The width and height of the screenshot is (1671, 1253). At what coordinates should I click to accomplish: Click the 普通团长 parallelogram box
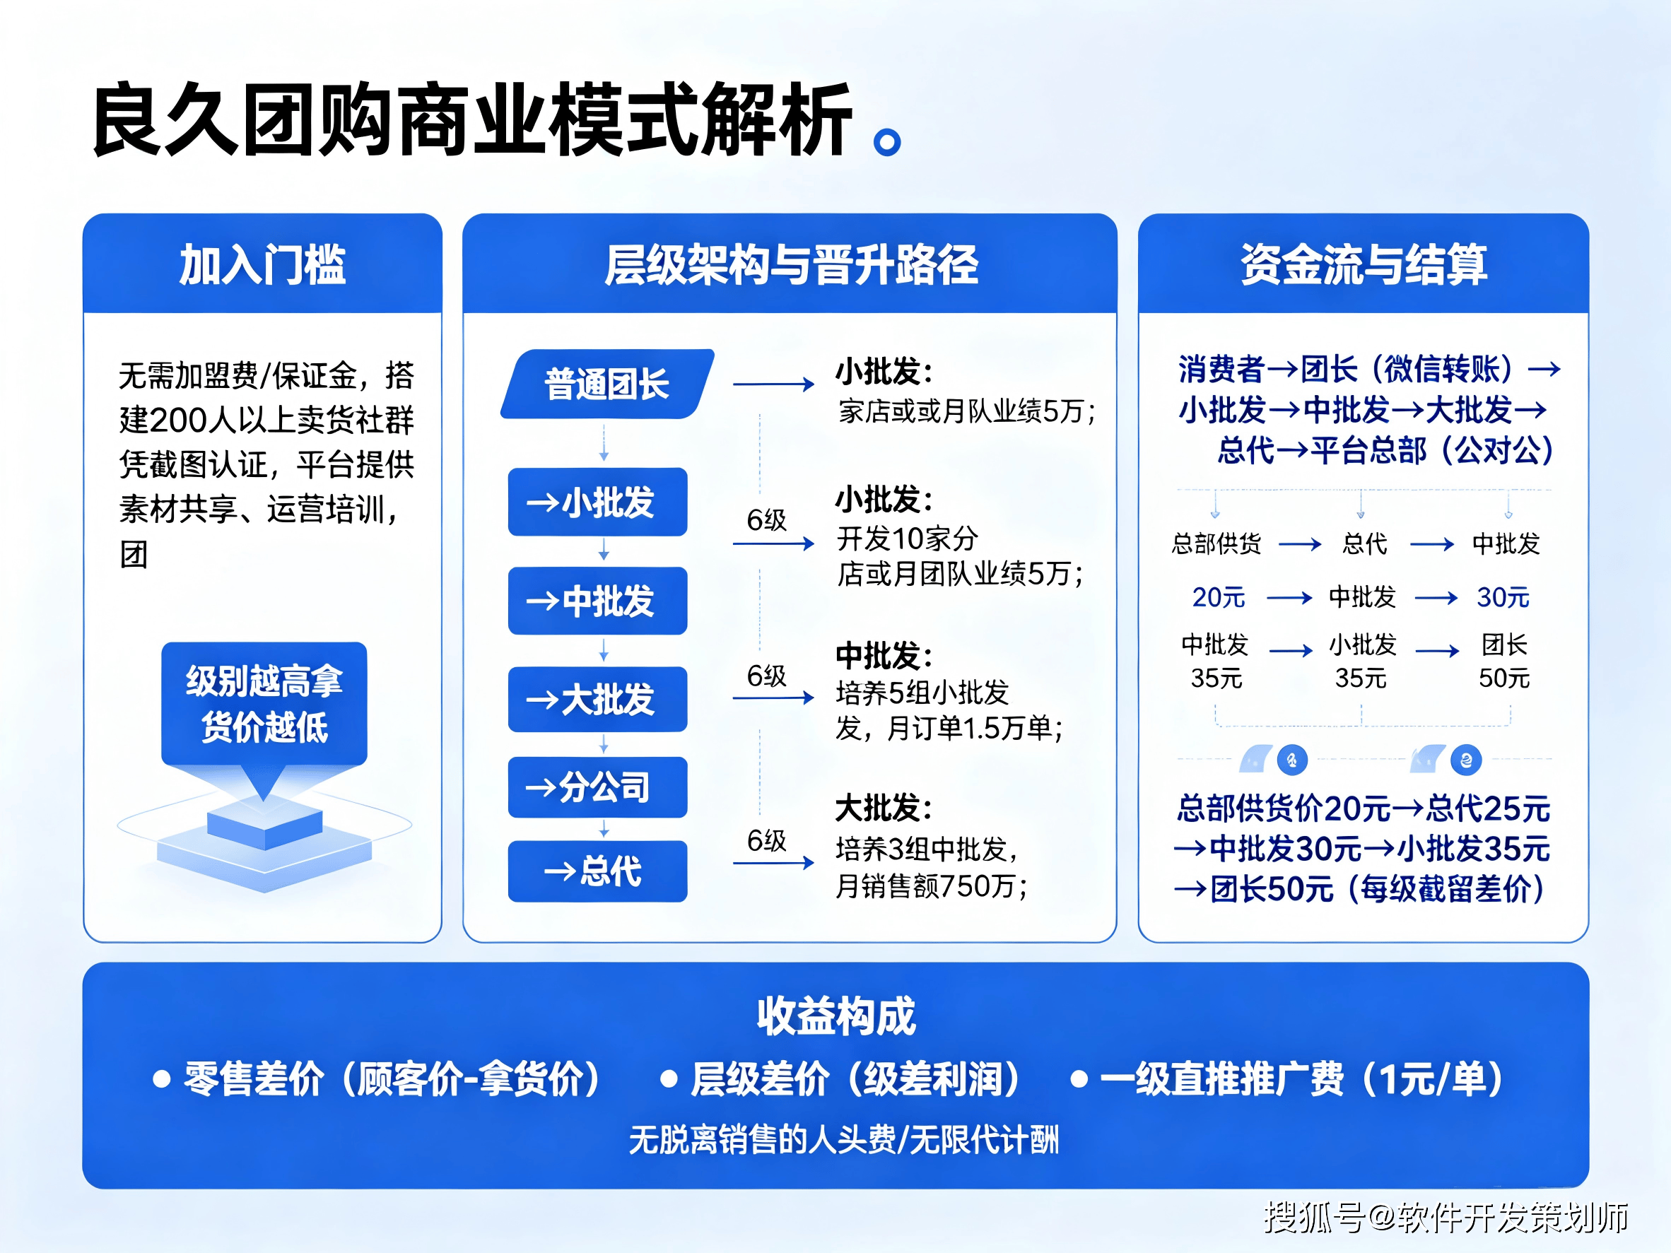(x=607, y=384)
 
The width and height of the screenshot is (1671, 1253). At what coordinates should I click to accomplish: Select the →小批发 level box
(x=597, y=502)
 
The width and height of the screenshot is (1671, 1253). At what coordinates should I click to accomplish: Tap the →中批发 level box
(x=597, y=601)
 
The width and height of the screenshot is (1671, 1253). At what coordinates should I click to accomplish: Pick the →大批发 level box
(x=597, y=700)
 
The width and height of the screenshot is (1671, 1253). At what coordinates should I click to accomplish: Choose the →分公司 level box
(x=597, y=787)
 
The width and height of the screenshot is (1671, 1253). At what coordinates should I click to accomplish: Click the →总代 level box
(x=597, y=871)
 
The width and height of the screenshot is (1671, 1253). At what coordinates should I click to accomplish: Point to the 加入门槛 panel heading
(x=262, y=265)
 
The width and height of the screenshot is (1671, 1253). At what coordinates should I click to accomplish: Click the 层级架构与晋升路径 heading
(x=791, y=265)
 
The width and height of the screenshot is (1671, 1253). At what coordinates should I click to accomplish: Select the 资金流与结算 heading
(x=1364, y=265)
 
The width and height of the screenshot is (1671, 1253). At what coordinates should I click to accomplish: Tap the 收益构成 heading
(x=836, y=1016)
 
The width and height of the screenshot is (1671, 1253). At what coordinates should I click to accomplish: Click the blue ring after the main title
(x=887, y=142)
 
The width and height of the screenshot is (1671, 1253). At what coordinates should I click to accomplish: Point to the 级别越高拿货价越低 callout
(x=264, y=704)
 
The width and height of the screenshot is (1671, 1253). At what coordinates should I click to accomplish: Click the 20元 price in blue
(x=1219, y=597)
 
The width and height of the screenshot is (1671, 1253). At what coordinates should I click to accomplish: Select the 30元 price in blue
(x=1503, y=597)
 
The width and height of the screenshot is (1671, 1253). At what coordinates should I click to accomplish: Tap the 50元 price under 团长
(x=1504, y=678)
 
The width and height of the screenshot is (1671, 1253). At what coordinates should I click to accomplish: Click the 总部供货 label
(x=1216, y=543)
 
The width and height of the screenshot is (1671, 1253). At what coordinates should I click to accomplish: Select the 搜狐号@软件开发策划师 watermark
(x=1446, y=1218)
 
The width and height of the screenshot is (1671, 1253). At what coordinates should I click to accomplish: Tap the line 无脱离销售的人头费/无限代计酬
(x=844, y=1140)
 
